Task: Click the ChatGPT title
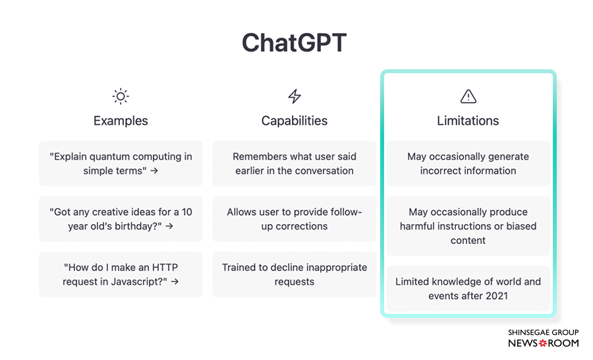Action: (x=295, y=42)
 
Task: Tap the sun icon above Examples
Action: (x=121, y=96)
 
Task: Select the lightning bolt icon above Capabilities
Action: (x=295, y=96)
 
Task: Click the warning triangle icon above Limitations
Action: (x=468, y=96)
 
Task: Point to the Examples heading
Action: (x=121, y=121)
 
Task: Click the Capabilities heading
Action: (x=295, y=121)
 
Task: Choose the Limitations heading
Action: (x=468, y=121)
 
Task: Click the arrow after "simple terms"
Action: (x=154, y=171)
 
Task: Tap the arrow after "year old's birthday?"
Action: (x=169, y=226)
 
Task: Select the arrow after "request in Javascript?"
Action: (x=175, y=282)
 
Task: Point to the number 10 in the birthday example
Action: (x=187, y=212)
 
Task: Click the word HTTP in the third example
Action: (x=165, y=267)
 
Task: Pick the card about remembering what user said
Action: (x=295, y=164)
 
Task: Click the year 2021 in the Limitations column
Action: (x=496, y=295)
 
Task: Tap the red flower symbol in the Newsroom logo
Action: (x=543, y=344)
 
